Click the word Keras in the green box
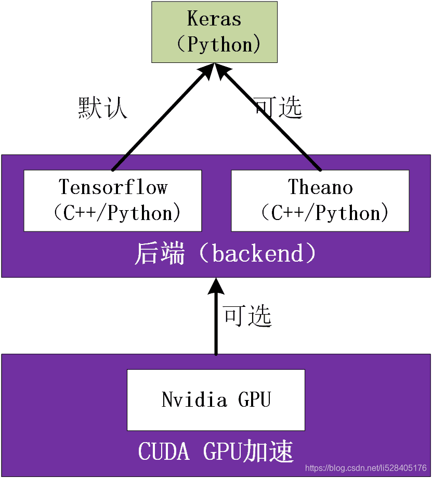pos(214,19)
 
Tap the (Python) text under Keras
pos(217,44)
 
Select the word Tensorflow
pos(113,187)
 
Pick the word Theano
pos(320,187)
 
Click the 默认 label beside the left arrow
pos(102,108)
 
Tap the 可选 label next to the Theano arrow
pos(278,108)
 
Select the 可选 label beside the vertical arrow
pos(247,316)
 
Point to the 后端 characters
pos(160,254)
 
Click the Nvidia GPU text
pos(216,400)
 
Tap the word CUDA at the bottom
pos(164,451)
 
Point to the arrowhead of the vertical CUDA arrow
pos(216,287)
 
